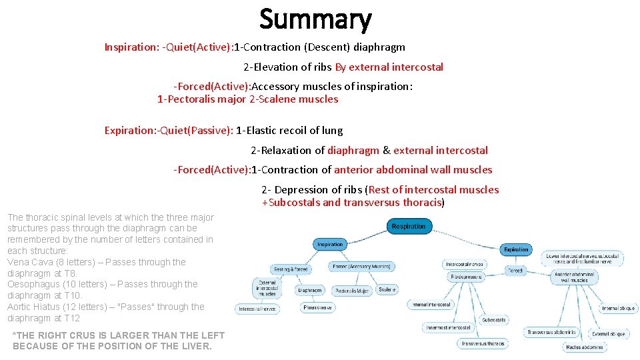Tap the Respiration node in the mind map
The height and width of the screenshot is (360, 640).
click(x=408, y=227)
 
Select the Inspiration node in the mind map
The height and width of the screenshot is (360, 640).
click(x=329, y=245)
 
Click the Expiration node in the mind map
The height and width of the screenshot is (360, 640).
click(x=515, y=250)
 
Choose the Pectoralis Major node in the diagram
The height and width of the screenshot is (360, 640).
click(x=351, y=291)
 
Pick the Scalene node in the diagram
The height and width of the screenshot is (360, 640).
click(x=387, y=289)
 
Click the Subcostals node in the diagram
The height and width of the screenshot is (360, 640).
click(x=494, y=320)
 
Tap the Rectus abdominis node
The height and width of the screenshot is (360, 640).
click(x=584, y=347)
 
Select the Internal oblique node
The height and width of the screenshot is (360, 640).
click(x=619, y=308)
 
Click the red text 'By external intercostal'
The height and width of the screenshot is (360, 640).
click(x=389, y=67)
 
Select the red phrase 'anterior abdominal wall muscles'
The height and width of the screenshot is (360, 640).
click(x=413, y=170)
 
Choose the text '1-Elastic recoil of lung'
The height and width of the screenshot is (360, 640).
click(x=289, y=131)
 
